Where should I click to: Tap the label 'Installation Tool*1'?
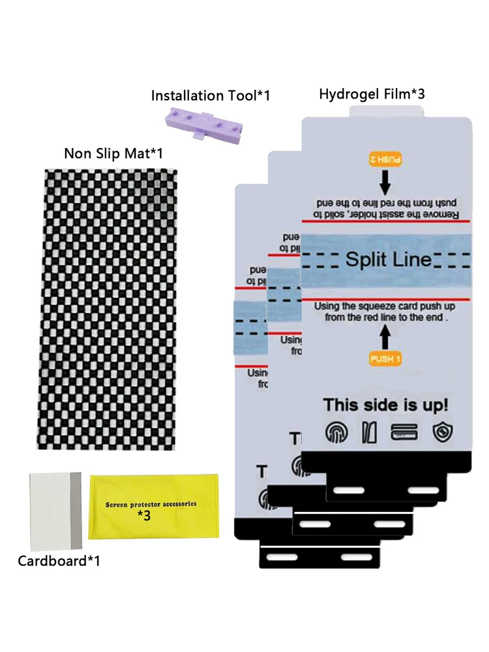point(210,96)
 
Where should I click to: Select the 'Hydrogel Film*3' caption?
point(372,94)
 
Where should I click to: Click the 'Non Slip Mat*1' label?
point(113,153)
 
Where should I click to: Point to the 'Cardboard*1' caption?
point(59,560)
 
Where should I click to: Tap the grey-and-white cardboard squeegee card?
point(55,511)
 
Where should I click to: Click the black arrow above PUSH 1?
point(386,336)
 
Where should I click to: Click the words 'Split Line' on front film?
point(388,259)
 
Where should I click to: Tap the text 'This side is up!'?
point(386,405)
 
